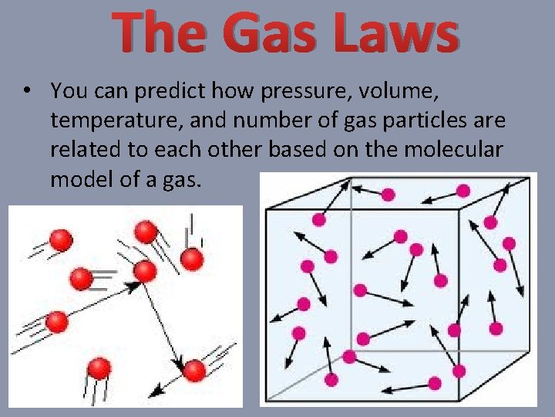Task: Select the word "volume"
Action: click(x=402, y=92)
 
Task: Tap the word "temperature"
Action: click(x=101, y=121)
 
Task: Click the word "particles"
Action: click(x=411, y=121)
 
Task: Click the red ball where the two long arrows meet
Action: click(x=144, y=271)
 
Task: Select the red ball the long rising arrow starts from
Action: click(x=55, y=320)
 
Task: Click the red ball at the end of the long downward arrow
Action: click(x=195, y=371)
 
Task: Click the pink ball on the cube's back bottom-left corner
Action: click(x=350, y=357)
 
